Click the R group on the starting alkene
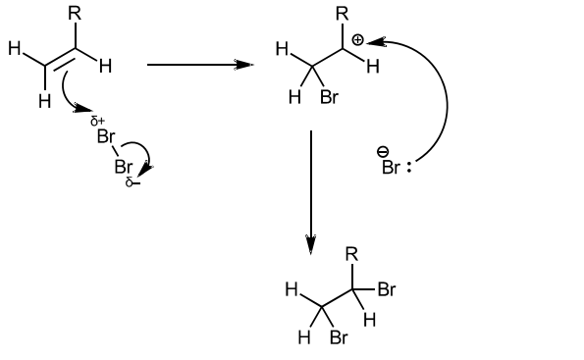pyautogui.click(x=75, y=14)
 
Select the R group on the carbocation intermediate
pyautogui.click(x=343, y=14)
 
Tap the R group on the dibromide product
pyautogui.click(x=352, y=254)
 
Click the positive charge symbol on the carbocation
pyautogui.click(x=357, y=40)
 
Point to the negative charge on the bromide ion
pyautogui.click(x=383, y=152)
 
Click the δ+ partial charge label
pyautogui.click(x=97, y=121)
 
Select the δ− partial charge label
pyautogui.click(x=133, y=182)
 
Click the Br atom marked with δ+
pyautogui.click(x=106, y=136)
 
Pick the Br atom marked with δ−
pyautogui.click(x=124, y=167)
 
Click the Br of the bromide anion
pyautogui.click(x=391, y=167)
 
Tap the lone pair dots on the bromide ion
pyautogui.click(x=409, y=168)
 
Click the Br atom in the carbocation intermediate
pyautogui.click(x=329, y=97)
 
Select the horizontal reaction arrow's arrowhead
pyautogui.click(x=244, y=65)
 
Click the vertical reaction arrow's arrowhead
pyautogui.click(x=310, y=244)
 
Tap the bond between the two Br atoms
pyautogui.click(x=115, y=151)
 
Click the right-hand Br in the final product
pyautogui.click(x=387, y=289)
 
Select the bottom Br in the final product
pyautogui.click(x=339, y=337)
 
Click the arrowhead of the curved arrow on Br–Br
pyautogui.click(x=147, y=171)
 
